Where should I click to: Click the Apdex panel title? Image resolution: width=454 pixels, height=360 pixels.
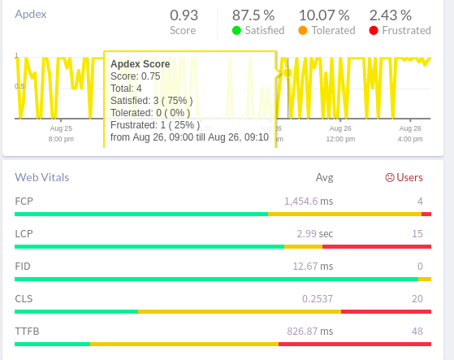[x=32, y=15]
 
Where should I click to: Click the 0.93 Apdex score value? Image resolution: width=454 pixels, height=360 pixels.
[x=183, y=15]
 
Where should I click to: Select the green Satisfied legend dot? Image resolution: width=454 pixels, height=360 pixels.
[x=236, y=31]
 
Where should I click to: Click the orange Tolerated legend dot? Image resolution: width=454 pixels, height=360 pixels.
[x=302, y=31]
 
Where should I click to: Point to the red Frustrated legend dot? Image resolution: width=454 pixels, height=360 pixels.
[x=374, y=31]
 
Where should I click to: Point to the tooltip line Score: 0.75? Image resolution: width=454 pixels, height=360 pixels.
[x=136, y=76]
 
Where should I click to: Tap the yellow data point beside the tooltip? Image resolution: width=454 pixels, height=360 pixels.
[x=287, y=73]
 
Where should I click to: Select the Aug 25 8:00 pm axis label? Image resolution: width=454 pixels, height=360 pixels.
[x=61, y=133]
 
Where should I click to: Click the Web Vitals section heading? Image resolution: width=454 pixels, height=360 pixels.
[x=42, y=177]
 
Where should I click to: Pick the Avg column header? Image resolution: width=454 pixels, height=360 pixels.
[x=325, y=177]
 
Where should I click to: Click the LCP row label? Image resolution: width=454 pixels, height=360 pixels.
[x=24, y=233]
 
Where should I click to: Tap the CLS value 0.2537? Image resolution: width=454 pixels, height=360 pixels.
[x=318, y=298]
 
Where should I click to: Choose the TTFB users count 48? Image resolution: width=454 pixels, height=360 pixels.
[x=417, y=331]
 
